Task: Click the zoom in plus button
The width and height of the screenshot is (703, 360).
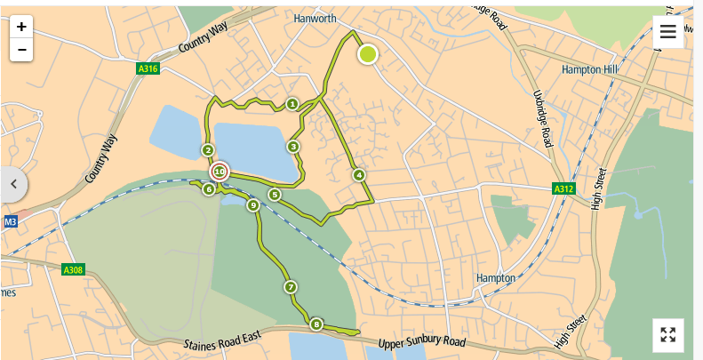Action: click(x=21, y=27)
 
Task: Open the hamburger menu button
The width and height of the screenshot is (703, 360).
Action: click(x=668, y=32)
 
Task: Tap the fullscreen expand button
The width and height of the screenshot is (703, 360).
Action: click(x=668, y=334)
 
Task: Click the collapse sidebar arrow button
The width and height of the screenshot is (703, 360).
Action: click(x=13, y=184)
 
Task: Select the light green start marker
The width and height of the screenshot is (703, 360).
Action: click(x=367, y=55)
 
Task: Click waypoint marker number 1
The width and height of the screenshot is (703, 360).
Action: click(x=292, y=105)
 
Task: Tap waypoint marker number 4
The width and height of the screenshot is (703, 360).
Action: click(x=359, y=175)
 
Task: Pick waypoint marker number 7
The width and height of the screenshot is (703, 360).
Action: click(x=290, y=287)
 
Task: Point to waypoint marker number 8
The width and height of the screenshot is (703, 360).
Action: click(x=316, y=324)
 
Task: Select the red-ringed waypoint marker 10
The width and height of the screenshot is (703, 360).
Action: click(x=220, y=172)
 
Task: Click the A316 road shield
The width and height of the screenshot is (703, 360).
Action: click(x=148, y=68)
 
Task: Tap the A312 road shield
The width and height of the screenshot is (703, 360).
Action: click(x=563, y=189)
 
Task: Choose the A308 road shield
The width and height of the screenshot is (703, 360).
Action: click(x=73, y=269)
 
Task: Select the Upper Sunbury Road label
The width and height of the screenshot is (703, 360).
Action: click(x=422, y=343)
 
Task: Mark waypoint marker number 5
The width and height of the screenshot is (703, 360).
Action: click(x=275, y=195)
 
